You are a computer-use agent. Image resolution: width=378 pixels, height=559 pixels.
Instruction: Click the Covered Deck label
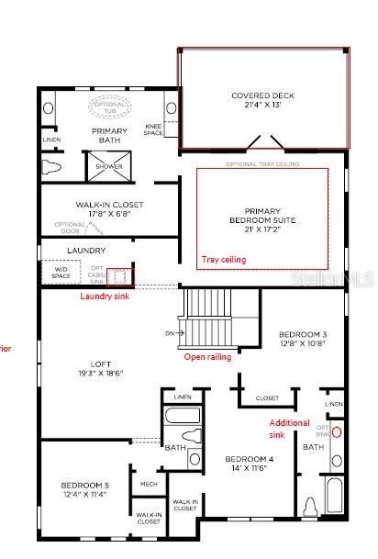point(262,99)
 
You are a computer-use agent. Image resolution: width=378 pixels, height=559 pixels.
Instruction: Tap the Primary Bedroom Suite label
point(261,216)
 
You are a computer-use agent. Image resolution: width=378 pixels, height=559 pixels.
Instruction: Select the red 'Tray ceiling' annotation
point(224,260)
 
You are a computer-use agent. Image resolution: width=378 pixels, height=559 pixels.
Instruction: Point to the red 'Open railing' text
point(206,356)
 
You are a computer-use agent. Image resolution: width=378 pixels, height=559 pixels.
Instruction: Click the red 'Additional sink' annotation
point(283,428)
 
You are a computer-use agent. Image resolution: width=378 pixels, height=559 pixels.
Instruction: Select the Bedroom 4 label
point(245,463)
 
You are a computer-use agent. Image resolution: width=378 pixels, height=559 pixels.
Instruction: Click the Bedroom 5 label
point(84,488)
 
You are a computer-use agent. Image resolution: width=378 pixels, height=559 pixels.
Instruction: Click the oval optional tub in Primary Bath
point(111,107)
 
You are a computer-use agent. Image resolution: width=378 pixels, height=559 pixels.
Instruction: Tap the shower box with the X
point(110,167)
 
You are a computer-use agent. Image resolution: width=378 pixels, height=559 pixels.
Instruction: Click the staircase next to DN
point(207,317)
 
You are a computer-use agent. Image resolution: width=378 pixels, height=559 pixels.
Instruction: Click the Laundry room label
point(86,250)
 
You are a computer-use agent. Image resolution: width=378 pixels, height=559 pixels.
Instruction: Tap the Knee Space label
point(154,129)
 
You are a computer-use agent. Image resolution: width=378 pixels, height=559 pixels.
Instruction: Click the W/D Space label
point(61,273)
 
